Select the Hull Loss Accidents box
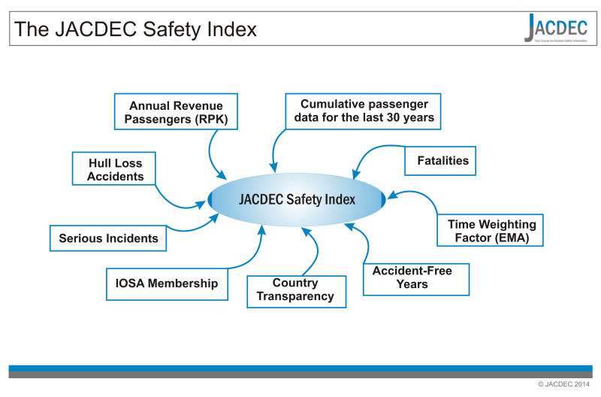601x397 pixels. (114, 169)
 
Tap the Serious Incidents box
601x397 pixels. (108, 238)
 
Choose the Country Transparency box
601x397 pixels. (295, 289)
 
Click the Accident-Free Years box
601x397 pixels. (415, 278)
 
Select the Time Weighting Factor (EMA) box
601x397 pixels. (491, 230)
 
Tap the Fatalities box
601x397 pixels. (442, 160)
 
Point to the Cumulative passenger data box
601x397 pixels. (362, 111)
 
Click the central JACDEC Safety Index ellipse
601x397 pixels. (297, 199)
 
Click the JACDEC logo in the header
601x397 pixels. (556, 29)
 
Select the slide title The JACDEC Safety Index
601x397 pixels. (136, 29)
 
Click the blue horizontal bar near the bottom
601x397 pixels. (300, 368)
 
